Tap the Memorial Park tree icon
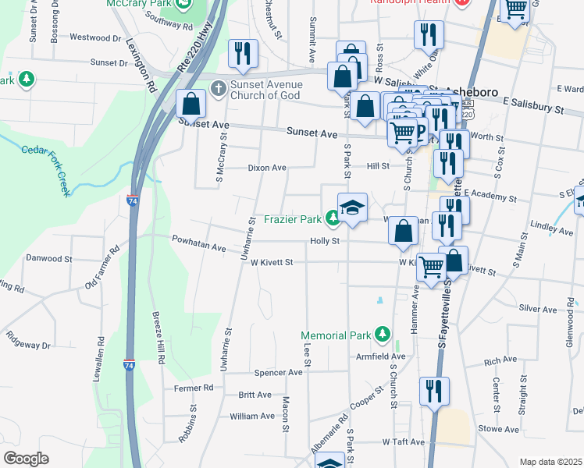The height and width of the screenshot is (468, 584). pos(383,335)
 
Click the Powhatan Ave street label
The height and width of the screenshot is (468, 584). pos(198,247)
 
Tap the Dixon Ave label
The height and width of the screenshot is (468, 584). pos(267,168)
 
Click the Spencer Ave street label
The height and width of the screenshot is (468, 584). pos(278,373)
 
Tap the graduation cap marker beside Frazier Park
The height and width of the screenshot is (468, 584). pos(352,208)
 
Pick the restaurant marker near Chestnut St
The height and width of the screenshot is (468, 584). pos(243,54)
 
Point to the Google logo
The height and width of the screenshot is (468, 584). pos(26,459)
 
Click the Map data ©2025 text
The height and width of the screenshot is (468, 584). pos(551,462)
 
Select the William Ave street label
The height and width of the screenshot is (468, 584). pos(252,417)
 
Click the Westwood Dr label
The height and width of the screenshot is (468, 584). pos(95,37)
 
